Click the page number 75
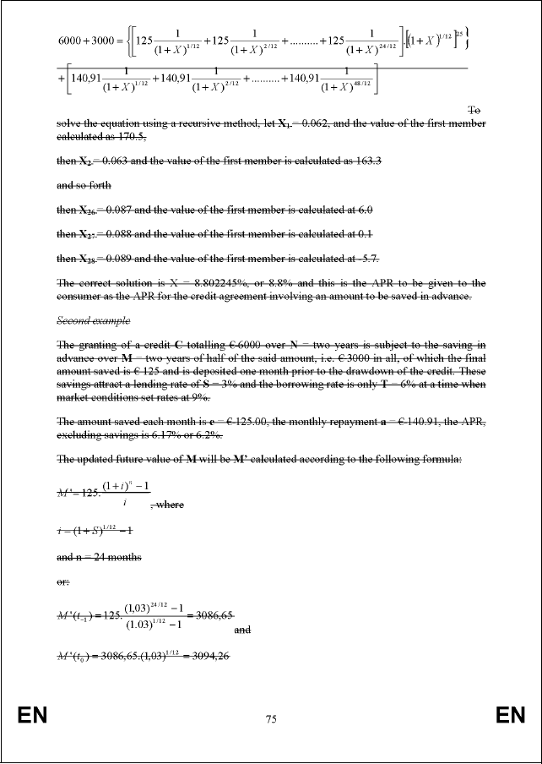(x=271, y=719)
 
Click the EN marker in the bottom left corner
(x=32, y=717)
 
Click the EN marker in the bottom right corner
(x=510, y=717)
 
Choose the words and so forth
(x=84, y=185)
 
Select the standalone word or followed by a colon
(x=63, y=581)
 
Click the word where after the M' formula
(x=170, y=505)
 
